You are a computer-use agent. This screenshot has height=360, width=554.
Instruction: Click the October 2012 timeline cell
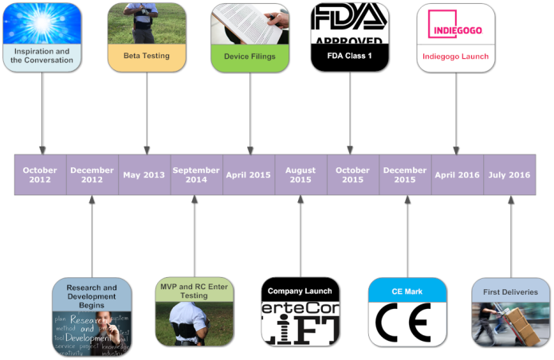click(x=40, y=174)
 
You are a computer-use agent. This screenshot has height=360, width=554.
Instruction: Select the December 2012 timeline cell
click(x=92, y=174)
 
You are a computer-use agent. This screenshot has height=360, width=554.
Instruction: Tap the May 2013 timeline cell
click(x=144, y=174)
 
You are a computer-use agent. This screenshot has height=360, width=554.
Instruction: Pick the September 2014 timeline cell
click(x=196, y=174)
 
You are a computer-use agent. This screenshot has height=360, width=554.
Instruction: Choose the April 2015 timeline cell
click(x=249, y=174)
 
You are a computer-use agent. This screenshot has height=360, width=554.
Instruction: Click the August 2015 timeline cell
click(x=301, y=174)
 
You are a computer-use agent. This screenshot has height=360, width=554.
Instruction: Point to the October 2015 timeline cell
click(x=352, y=174)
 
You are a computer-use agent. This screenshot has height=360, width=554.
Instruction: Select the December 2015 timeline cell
click(x=405, y=174)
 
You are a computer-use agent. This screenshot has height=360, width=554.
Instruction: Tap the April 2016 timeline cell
click(x=457, y=174)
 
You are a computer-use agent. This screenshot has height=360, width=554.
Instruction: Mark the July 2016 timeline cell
click(x=509, y=174)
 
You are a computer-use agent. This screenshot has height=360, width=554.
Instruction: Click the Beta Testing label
click(x=147, y=56)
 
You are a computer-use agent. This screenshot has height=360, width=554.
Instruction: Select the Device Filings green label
click(x=250, y=57)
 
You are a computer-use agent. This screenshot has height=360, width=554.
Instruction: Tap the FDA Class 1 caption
click(x=349, y=57)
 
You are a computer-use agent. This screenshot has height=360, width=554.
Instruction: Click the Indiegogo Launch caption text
click(x=456, y=57)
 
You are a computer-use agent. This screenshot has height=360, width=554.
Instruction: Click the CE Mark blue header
click(x=407, y=292)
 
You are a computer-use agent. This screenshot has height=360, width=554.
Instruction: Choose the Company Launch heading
click(x=301, y=291)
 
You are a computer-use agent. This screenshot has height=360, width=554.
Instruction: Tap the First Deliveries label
click(x=511, y=292)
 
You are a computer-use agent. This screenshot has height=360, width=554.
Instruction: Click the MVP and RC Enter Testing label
click(x=194, y=291)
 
